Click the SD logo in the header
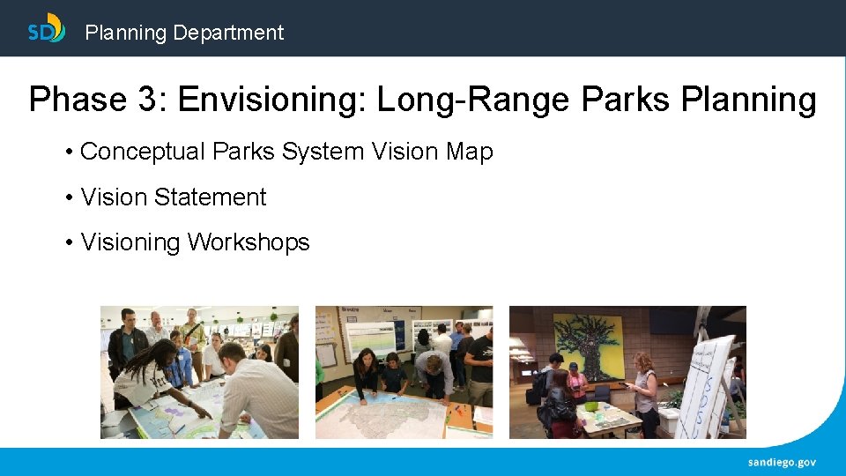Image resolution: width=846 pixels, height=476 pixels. (x=47, y=29)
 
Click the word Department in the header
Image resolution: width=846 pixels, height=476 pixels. (x=228, y=33)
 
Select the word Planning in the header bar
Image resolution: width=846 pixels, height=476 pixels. (x=125, y=33)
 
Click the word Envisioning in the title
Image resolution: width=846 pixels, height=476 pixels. (x=272, y=100)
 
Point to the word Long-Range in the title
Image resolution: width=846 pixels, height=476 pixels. (x=473, y=100)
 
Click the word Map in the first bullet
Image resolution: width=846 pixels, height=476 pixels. (x=469, y=152)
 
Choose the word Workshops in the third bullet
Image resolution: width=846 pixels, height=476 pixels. (x=249, y=242)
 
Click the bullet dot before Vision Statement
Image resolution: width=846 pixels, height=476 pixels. (x=69, y=197)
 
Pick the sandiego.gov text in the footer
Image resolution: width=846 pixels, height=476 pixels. (x=782, y=462)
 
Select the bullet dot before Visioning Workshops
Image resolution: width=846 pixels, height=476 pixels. (x=69, y=242)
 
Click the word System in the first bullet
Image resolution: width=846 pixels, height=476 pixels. (x=323, y=152)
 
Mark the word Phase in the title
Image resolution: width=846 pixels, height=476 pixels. (x=78, y=100)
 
